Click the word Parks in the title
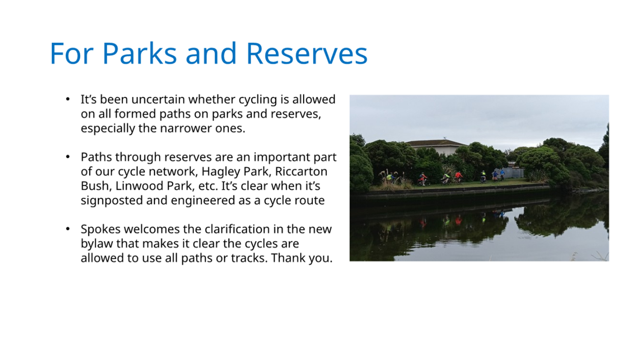[140, 54]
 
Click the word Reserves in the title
[307, 54]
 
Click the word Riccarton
[301, 171]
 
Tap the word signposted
[112, 200]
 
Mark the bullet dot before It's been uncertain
[68, 99]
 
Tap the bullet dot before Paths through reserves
[68, 157]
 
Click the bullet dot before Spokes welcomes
[68, 229]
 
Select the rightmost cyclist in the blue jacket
[502, 174]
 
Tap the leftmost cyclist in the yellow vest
[390, 177]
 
